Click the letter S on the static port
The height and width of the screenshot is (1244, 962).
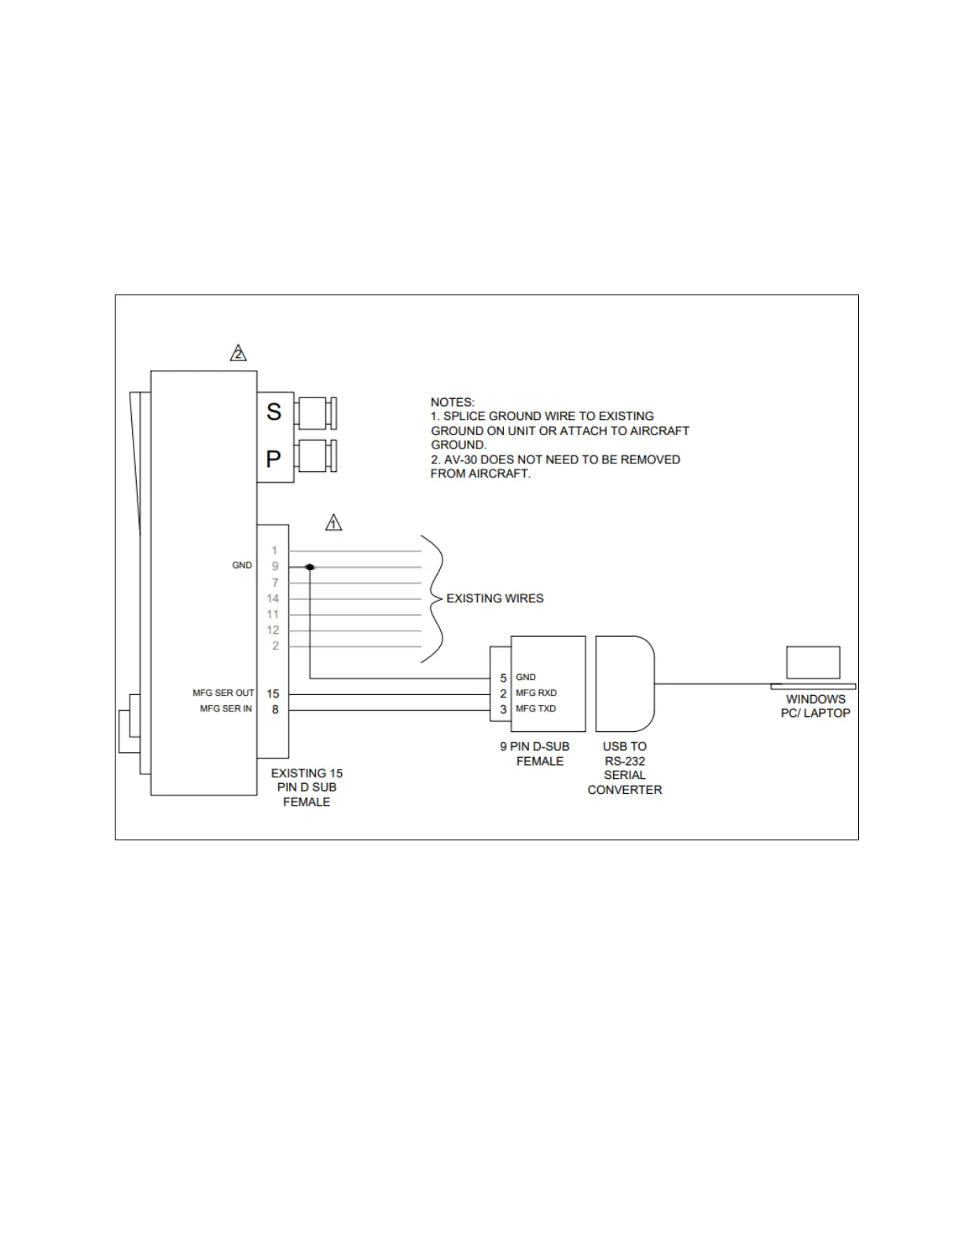point(274,412)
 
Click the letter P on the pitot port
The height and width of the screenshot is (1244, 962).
point(274,459)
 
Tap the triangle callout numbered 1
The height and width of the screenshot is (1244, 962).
point(333,522)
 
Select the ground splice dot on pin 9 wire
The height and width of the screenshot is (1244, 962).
point(310,566)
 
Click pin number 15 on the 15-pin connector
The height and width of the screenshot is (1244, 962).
point(273,693)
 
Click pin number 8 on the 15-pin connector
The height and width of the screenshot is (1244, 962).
point(275,709)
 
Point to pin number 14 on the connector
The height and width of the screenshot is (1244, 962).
point(273,598)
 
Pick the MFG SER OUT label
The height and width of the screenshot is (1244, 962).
point(223,693)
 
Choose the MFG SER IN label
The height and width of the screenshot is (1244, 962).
point(226,708)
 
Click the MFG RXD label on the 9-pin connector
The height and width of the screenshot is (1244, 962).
point(536,693)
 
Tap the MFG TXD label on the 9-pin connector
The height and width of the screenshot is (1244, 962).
point(535,708)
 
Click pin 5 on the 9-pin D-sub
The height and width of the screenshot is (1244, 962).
point(503,677)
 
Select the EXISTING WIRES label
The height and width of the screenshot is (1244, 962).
point(494,598)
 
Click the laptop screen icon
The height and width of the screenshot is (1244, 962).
point(813,663)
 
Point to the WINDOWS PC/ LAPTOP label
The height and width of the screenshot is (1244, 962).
point(816,706)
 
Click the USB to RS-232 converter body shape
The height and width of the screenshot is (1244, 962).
point(624,683)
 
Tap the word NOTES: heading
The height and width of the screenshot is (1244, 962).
point(452,402)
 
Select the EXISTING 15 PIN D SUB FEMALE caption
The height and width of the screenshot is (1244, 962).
point(307,788)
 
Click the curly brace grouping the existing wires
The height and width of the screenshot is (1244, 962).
point(432,598)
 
